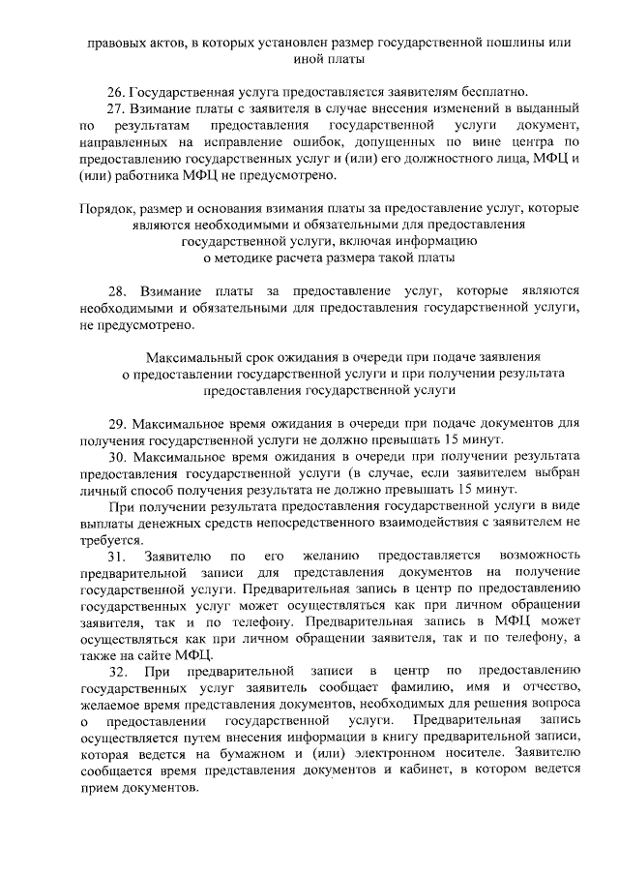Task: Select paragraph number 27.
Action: point(115,107)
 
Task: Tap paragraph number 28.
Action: point(117,290)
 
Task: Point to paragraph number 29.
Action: point(116,423)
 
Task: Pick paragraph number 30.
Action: point(116,455)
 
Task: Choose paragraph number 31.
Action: point(116,556)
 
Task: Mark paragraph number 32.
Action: point(116,671)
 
